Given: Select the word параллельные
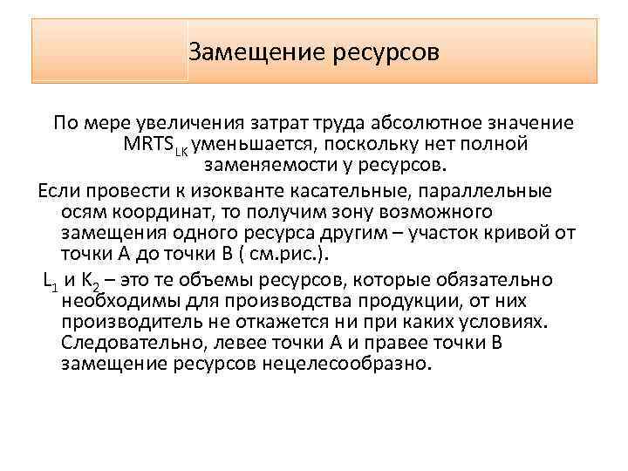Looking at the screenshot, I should point(480,189).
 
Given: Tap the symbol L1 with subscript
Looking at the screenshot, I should point(51,280).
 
